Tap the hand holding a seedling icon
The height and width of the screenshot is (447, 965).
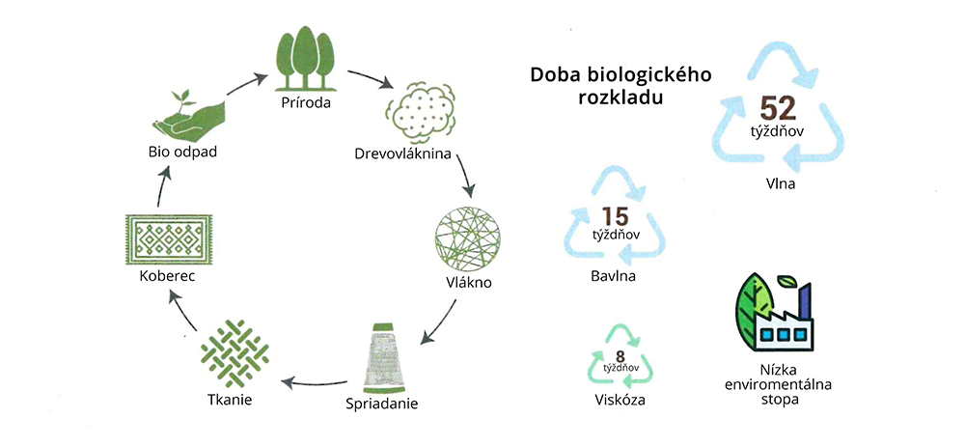coord(181,117)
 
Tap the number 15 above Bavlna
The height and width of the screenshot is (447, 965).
coord(616,216)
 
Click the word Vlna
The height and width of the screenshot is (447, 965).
coord(777,183)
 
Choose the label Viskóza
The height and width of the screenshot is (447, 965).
coord(620,400)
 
